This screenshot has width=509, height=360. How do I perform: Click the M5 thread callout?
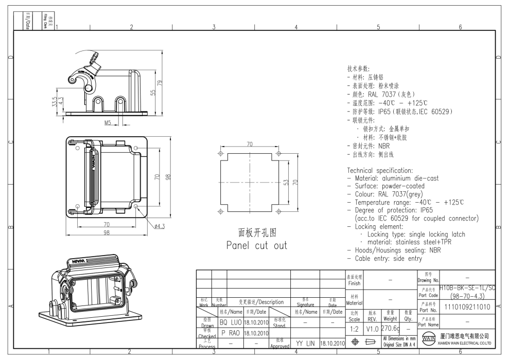point(109,123)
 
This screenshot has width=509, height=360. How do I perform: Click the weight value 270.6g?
point(390,328)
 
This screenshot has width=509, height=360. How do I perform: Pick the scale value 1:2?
point(354,328)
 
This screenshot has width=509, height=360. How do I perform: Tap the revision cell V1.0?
point(372,328)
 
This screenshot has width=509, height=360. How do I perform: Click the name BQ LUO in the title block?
point(230,321)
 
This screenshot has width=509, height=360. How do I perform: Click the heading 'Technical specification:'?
point(380,170)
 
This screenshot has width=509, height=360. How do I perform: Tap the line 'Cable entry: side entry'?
point(384,258)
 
